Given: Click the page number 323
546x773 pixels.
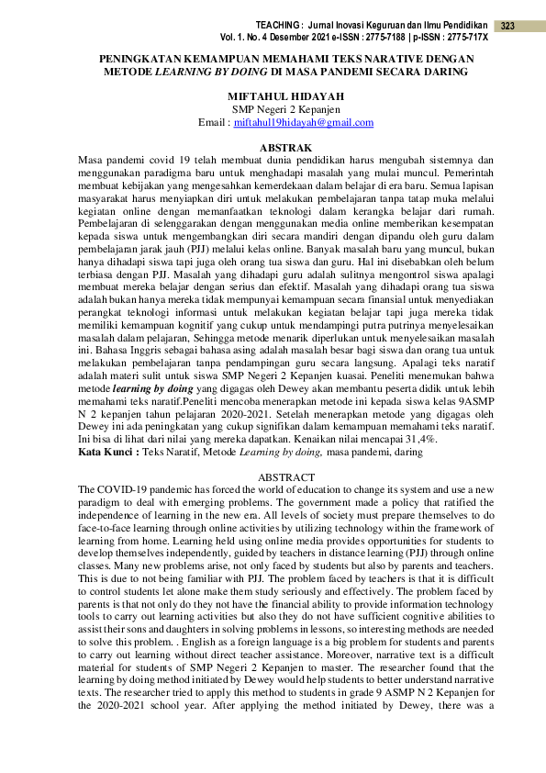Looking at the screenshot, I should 507,26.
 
